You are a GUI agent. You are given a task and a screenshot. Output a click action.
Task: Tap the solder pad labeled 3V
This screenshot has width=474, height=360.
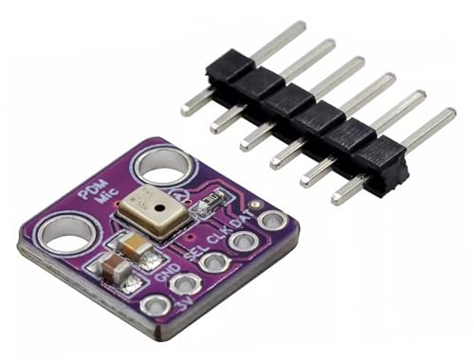click(x=152, y=306)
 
